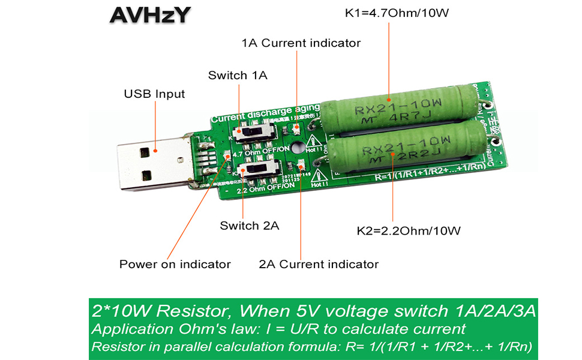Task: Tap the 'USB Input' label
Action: point(154,94)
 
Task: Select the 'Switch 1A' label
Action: point(238,76)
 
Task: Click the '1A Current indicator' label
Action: point(301,43)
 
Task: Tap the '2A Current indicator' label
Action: point(319,264)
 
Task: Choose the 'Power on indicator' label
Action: point(175,264)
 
